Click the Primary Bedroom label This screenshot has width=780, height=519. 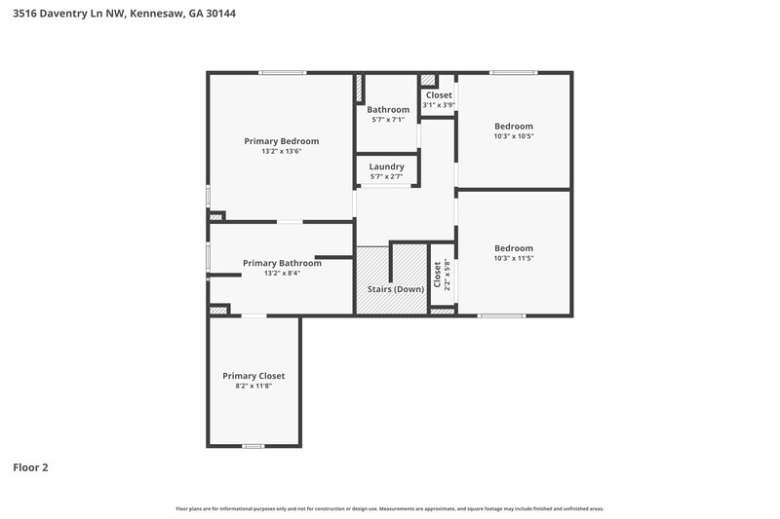(x=282, y=141)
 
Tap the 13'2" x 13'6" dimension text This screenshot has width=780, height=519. (x=282, y=152)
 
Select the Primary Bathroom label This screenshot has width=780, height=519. (x=282, y=263)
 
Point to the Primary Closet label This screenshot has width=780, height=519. (x=253, y=376)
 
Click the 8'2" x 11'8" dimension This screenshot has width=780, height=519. (x=253, y=387)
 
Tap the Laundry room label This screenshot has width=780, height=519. (x=386, y=167)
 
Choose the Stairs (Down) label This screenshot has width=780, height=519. (x=395, y=289)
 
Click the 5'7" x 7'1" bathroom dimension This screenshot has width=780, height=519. (x=388, y=120)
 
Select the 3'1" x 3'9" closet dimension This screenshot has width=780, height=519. (x=439, y=105)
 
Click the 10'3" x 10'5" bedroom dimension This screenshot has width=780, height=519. (x=514, y=136)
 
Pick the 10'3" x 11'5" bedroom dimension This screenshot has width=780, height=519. (x=514, y=258)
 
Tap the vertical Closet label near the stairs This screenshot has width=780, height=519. (x=437, y=276)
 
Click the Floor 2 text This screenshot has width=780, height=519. (x=30, y=467)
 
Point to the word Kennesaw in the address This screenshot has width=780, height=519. (x=153, y=14)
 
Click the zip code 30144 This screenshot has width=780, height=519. (x=220, y=14)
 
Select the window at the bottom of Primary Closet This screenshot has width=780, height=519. (x=253, y=446)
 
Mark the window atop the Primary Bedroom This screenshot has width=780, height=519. (x=283, y=72)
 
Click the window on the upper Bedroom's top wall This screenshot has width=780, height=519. (x=514, y=72)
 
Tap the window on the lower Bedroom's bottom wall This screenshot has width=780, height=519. (x=501, y=315)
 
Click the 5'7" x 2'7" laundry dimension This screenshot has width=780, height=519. (x=386, y=176)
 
